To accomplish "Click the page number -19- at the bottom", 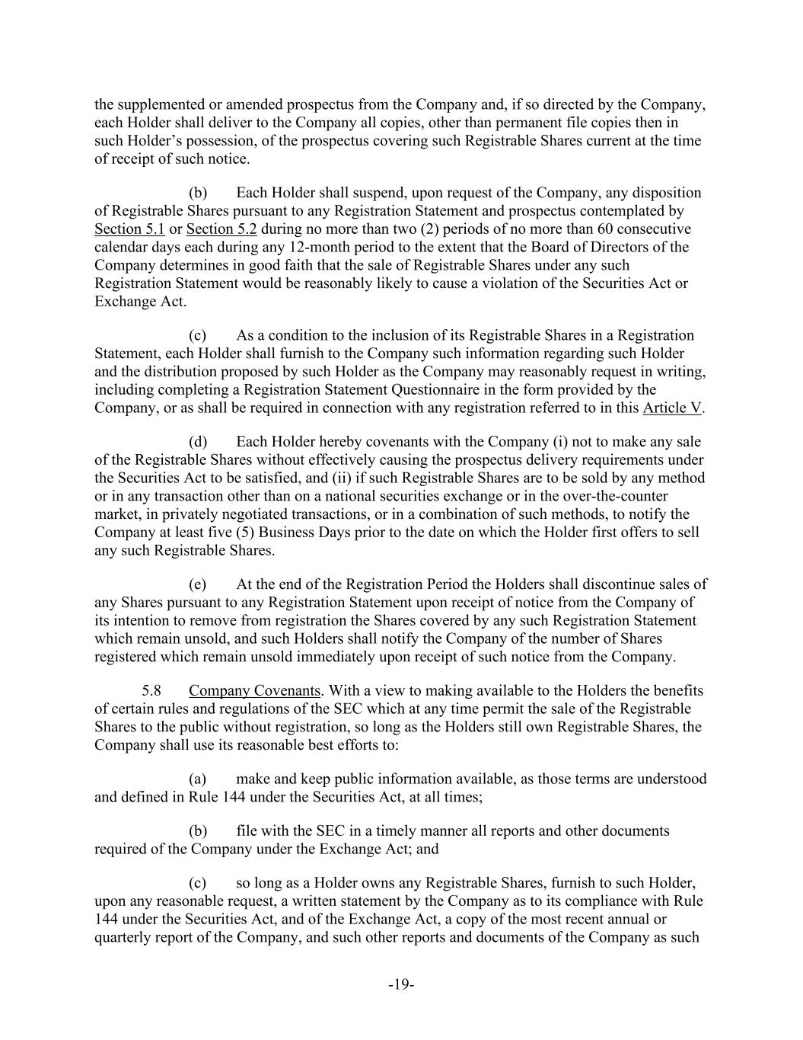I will (401, 984).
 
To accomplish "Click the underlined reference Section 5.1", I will (129, 229).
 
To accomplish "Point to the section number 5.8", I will (151, 690).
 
